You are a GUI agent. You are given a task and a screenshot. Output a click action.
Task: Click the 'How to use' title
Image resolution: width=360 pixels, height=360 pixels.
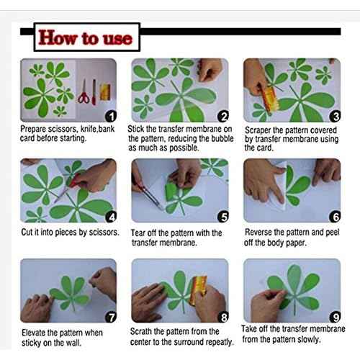pos(85,37)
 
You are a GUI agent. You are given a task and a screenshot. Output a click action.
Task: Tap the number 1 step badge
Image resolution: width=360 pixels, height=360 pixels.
pos(111,116)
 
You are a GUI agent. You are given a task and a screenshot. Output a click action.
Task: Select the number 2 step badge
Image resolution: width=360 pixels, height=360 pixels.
pos(223,117)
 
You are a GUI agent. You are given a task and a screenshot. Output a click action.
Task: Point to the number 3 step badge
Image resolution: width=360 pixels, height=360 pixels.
pos(335,117)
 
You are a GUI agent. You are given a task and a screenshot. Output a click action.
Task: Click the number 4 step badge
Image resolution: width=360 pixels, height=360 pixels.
pos(111,217)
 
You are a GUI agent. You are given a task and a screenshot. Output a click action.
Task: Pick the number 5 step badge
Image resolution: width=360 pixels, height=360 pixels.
pos(223,217)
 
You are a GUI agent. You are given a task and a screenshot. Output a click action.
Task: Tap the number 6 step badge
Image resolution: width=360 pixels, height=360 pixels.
pos(335,217)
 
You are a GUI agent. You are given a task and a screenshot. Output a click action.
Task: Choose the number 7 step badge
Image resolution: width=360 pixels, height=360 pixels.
pos(111,318)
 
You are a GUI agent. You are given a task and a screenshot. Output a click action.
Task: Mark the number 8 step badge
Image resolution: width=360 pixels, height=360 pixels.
pos(223,318)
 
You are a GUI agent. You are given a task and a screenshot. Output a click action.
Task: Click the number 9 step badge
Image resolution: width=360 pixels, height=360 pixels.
pos(335,318)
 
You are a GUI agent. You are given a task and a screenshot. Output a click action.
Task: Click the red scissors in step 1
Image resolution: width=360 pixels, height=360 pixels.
pos(84,92)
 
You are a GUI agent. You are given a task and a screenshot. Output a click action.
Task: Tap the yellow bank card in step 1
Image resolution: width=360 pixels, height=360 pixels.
pos(105,92)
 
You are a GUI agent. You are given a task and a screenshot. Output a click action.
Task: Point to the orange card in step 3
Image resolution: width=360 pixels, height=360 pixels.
pos(269,99)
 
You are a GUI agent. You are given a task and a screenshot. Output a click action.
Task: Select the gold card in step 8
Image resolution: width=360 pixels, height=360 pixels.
pos(198,290)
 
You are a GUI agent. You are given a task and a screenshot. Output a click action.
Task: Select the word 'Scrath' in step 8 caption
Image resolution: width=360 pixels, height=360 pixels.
pos(141,332)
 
